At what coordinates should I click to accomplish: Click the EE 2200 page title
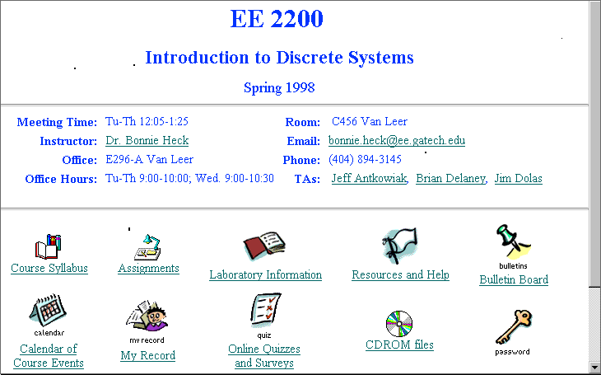pyautogui.click(x=277, y=18)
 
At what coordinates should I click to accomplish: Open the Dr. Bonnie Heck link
pyautogui.click(x=147, y=140)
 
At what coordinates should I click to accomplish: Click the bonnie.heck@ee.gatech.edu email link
pyautogui.click(x=397, y=140)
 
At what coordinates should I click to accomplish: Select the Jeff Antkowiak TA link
pyautogui.click(x=369, y=179)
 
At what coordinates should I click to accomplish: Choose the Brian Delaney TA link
pyautogui.click(x=451, y=179)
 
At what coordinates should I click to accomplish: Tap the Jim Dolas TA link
pyautogui.click(x=518, y=179)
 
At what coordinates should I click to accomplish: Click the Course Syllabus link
pyautogui.click(x=49, y=268)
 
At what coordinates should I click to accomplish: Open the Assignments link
pyautogui.click(x=148, y=268)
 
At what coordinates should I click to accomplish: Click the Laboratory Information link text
pyautogui.click(x=266, y=274)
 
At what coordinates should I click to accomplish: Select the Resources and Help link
pyautogui.click(x=401, y=274)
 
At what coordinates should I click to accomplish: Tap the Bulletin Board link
pyautogui.click(x=514, y=279)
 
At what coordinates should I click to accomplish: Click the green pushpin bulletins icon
pyautogui.click(x=513, y=241)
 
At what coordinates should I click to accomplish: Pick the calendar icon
pyautogui.click(x=48, y=310)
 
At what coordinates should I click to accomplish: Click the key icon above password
pyautogui.click(x=514, y=327)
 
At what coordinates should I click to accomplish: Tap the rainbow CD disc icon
pyautogui.click(x=399, y=324)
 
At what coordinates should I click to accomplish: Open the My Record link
pyautogui.click(x=148, y=355)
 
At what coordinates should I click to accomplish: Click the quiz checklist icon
pyautogui.click(x=266, y=310)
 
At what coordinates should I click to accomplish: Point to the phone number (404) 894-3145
pyautogui.click(x=365, y=159)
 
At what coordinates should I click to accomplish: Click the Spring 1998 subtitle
pyautogui.click(x=279, y=88)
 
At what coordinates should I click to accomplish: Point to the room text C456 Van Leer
pyautogui.click(x=370, y=122)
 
